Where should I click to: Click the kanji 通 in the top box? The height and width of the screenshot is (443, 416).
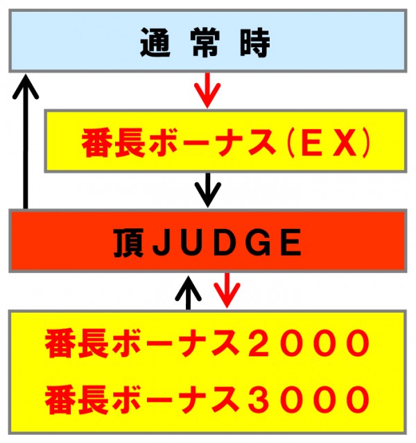coord(155,43)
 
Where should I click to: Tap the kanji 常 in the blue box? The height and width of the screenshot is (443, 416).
coord(205,43)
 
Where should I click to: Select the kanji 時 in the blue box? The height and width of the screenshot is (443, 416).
coord(255,43)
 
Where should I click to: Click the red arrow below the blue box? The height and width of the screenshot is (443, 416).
coord(207,90)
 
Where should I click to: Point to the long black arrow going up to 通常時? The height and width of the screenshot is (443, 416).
coord(26,141)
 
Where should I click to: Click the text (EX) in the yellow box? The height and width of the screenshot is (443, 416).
coord(328,142)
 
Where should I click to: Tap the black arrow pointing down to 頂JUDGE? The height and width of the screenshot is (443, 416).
coord(208,190)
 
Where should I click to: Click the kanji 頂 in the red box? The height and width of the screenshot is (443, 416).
coord(128,243)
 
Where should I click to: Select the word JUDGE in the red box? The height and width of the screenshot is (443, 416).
coord(227,243)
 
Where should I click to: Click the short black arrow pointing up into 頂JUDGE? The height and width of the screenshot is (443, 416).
coord(188,293)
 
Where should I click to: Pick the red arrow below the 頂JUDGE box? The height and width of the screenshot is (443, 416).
coord(227,290)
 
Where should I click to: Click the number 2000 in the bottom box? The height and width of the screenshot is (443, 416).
coord(309,343)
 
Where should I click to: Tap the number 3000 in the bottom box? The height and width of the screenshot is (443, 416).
coord(309,399)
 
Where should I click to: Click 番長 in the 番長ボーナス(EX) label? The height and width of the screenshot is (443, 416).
coord(114,142)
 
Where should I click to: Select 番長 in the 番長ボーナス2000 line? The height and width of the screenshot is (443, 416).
coord(77,343)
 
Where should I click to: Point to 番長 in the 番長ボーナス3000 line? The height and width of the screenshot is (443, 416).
coord(77,399)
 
